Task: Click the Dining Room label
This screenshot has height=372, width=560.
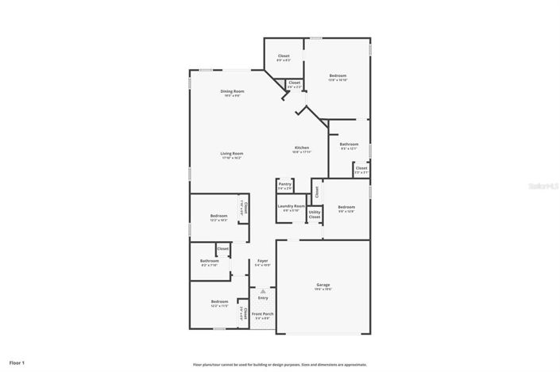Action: (232, 91)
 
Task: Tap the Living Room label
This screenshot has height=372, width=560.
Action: (232, 153)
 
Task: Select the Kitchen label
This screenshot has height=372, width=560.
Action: (302, 148)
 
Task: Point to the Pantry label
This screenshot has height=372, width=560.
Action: (284, 184)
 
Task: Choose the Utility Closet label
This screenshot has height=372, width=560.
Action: (315, 214)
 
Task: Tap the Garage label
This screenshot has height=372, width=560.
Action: (323, 285)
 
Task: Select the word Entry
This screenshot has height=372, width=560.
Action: (263, 297)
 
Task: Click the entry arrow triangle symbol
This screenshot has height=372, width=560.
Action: (263, 290)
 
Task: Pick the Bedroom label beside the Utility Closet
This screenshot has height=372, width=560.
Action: (346, 207)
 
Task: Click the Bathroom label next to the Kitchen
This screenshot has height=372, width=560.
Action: (349, 144)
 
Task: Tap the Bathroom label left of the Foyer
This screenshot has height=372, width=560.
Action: (210, 261)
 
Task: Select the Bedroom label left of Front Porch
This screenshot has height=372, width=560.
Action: (219, 301)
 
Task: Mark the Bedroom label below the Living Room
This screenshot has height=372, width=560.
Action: (218, 216)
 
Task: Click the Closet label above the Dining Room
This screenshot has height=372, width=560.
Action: (284, 56)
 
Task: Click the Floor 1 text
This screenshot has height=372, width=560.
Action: (17, 362)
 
